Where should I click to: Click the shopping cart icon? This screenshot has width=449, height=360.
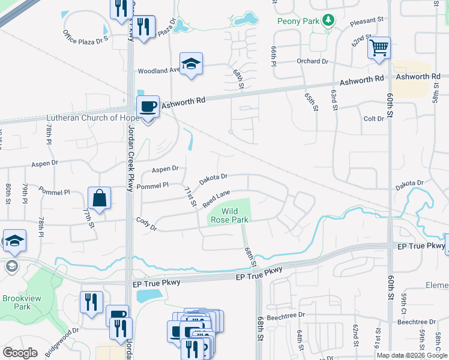point(379,47)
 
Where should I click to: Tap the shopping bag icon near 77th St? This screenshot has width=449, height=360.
point(99,198)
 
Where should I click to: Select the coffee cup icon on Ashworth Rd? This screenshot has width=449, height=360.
point(148,106)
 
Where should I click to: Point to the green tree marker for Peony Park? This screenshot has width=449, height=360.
point(328,21)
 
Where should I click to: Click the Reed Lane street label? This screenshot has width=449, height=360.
point(216,199)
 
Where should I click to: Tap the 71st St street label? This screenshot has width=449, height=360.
point(190,197)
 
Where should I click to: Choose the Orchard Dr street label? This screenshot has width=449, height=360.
point(313,61)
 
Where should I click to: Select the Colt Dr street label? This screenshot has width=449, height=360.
point(373,119)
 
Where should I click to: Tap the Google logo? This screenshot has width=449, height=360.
point(20,353)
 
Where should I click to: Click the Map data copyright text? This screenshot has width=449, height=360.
point(411,355)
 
